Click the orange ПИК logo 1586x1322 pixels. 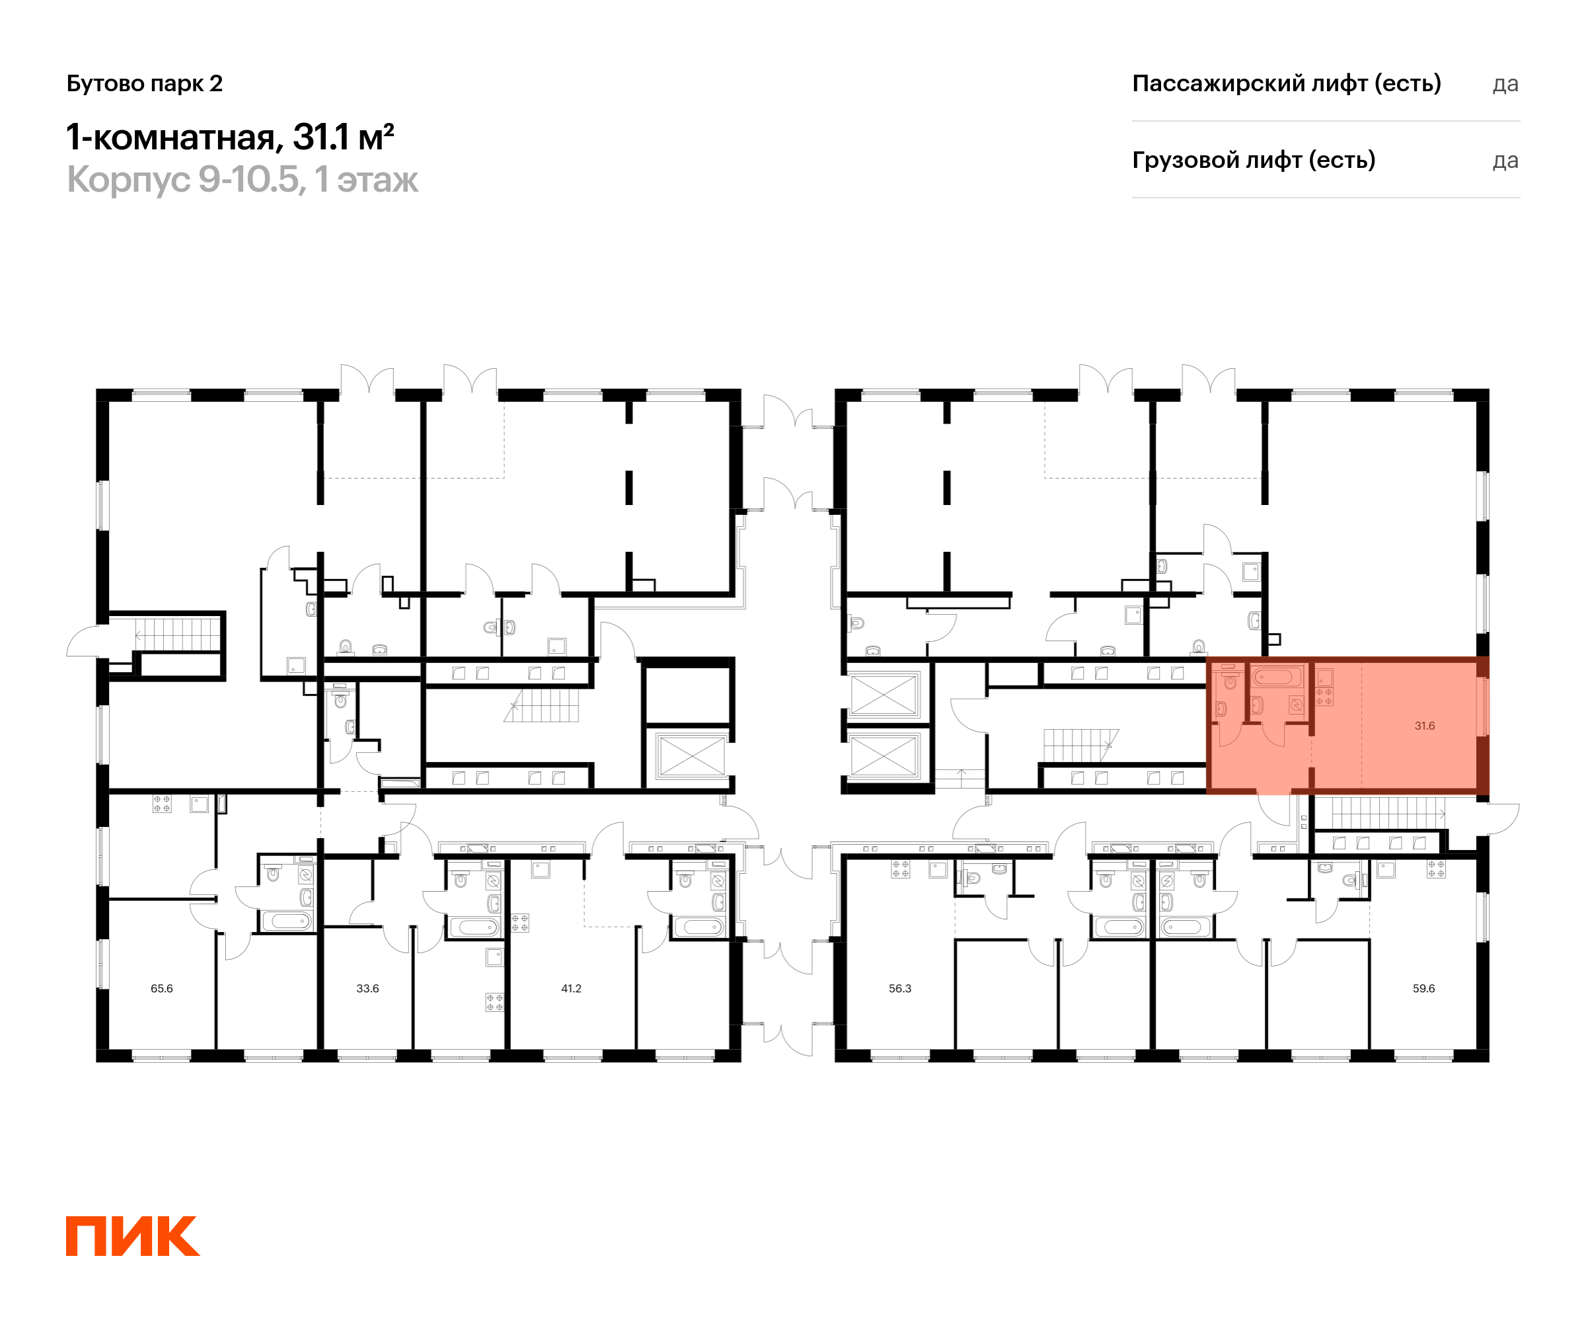click(133, 1236)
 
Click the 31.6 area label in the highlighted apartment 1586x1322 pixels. click(1424, 726)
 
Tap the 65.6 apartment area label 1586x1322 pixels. click(162, 988)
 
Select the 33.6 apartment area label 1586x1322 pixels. click(368, 988)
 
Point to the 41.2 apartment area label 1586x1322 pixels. click(571, 988)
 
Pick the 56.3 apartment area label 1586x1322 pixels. click(900, 988)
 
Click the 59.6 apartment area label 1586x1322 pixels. click(1423, 988)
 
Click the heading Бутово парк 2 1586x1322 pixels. click(144, 84)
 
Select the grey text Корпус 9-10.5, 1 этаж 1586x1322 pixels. click(243, 180)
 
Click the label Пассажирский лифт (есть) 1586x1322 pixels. click(1286, 83)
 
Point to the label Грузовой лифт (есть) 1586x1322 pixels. click(1254, 160)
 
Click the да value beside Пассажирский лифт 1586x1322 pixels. click(1505, 85)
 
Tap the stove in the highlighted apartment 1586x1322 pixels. click(1324, 697)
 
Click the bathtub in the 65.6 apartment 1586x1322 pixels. click(287, 921)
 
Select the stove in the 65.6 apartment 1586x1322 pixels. click(162, 803)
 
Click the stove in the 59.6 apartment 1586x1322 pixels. click(1436, 869)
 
